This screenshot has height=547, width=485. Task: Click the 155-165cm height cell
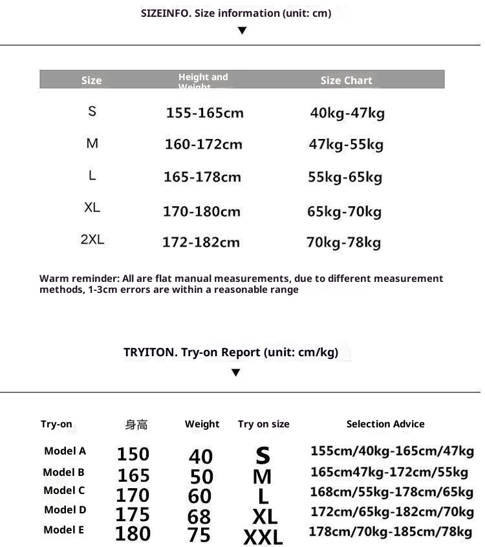point(204,113)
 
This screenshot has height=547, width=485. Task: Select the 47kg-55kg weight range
point(346,144)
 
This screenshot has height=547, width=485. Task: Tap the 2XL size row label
point(92,240)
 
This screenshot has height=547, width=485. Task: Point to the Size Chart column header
point(346,80)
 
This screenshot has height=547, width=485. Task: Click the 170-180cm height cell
point(201,211)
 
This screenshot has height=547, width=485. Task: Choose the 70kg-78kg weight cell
point(343,242)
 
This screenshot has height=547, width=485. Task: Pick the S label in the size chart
point(92,111)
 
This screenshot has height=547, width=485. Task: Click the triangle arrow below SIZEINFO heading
point(242,30)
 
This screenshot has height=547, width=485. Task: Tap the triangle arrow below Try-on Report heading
point(235,372)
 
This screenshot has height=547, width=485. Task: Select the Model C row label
point(64,491)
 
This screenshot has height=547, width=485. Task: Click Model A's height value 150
point(133,454)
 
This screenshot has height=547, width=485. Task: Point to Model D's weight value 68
point(199,517)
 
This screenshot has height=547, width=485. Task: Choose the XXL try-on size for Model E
point(263,537)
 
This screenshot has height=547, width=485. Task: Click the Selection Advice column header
point(385,424)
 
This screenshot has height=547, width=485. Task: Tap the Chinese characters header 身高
point(136,425)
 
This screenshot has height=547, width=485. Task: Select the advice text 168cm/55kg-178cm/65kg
point(391,492)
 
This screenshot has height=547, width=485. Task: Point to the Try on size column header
point(263,424)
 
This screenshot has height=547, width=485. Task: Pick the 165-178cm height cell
point(202,177)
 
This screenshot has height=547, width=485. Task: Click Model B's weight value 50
point(201,477)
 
